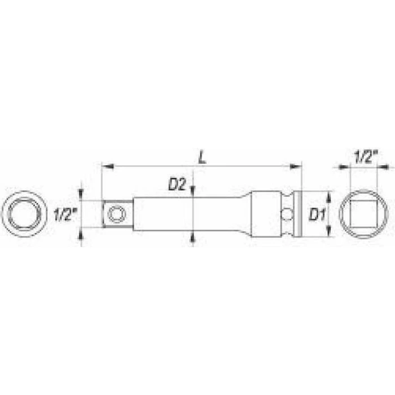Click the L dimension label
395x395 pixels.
click(202, 158)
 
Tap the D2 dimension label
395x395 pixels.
click(177, 185)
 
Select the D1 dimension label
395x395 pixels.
click(317, 215)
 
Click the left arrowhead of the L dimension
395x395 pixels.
click(108, 166)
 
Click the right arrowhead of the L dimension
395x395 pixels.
click(295, 166)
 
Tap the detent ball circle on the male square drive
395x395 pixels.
click(117, 214)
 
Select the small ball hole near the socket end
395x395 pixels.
click(287, 214)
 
